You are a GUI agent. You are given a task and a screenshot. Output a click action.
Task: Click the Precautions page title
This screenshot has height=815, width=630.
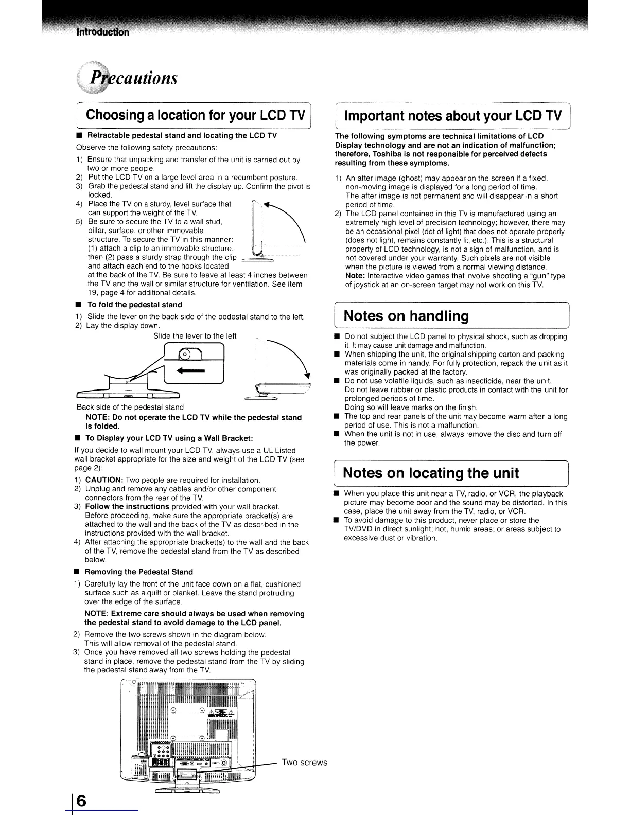click(134, 78)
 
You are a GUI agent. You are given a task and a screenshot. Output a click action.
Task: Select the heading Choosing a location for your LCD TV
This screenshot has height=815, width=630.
click(196, 114)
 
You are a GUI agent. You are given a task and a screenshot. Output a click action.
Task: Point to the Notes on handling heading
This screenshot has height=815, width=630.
click(406, 315)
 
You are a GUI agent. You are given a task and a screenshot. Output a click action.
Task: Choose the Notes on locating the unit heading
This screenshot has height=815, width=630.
click(431, 473)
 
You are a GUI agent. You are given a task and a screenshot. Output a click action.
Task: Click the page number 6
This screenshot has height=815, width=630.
click(82, 801)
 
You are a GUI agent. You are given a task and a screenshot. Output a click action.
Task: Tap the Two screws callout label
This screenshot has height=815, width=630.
click(304, 763)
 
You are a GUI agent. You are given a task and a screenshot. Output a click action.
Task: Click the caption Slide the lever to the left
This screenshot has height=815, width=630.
click(195, 336)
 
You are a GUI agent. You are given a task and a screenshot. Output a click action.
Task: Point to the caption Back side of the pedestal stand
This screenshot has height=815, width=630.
click(130, 407)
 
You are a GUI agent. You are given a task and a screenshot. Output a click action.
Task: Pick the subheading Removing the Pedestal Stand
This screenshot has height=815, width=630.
click(138, 572)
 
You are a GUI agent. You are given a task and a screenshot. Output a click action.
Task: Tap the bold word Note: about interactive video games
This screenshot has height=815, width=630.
click(355, 276)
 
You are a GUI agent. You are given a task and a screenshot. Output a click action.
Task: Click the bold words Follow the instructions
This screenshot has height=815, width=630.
click(126, 507)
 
